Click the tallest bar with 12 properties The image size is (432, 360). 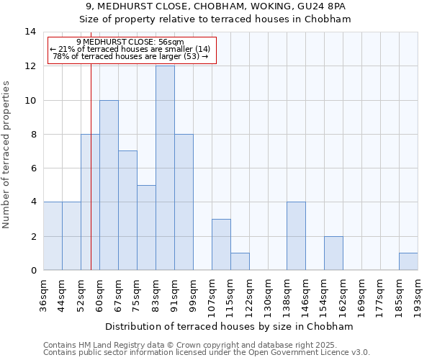click(165, 168)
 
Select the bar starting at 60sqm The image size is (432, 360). click(109, 185)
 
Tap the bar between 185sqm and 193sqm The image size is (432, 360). click(408, 261)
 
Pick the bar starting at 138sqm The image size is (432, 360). click(296, 236)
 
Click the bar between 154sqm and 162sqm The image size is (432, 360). click(333, 253)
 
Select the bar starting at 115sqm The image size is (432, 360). click(240, 261)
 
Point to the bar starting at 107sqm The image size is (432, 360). click(221, 245)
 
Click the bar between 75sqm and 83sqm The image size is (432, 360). click(146, 228)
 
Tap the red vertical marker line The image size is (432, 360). click(91, 180)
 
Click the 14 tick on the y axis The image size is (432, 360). click(30, 32)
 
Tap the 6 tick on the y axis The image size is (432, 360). click(33, 168)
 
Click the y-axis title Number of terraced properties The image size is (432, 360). click(7, 154)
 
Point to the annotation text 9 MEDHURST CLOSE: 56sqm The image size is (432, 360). click(130, 42)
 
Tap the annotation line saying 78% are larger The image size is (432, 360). click(130, 56)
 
